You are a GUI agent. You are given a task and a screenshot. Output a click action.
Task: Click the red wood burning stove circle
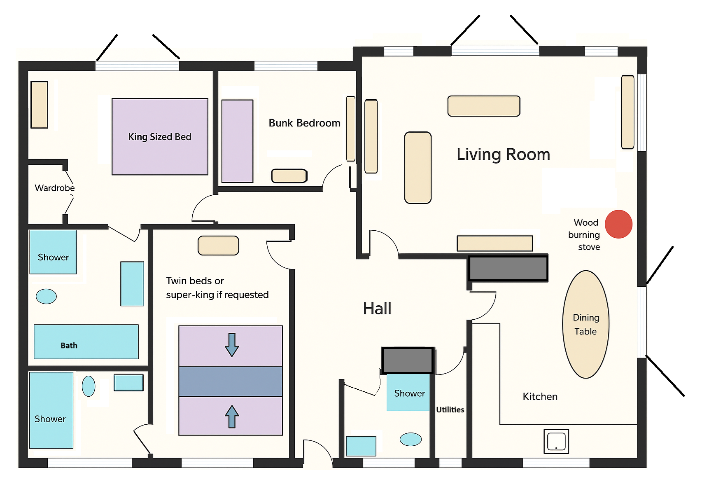pyautogui.click(x=618, y=224)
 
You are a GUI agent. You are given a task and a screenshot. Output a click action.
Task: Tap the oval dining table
pyautogui.click(x=585, y=325)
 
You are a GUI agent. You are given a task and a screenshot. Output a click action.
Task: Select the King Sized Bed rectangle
pyautogui.click(x=160, y=137)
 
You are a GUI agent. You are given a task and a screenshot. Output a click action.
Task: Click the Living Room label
pyautogui.click(x=503, y=154)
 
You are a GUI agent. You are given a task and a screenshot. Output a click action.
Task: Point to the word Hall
pyautogui.click(x=377, y=309)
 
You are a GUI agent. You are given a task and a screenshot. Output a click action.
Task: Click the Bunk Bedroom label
pyautogui.click(x=304, y=123)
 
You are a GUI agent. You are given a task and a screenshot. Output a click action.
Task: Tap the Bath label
pyautogui.click(x=69, y=346)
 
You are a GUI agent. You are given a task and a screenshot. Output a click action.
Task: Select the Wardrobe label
pyautogui.click(x=54, y=188)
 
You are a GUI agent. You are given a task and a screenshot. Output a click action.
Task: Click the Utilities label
pyautogui.click(x=450, y=409)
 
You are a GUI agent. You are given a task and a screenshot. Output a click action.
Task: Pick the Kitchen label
pyautogui.click(x=540, y=397)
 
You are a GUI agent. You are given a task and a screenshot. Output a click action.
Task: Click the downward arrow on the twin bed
pyautogui.click(x=232, y=345)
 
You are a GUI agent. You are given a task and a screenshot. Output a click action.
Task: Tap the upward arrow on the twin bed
pyautogui.click(x=232, y=416)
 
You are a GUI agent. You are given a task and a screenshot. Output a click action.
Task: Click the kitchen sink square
pyautogui.click(x=556, y=442)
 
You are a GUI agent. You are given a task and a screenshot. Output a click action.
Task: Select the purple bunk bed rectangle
pyautogui.click(x=237, y=141)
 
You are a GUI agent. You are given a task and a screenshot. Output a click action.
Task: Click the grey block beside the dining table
pyautogui.click(x=508, y=269)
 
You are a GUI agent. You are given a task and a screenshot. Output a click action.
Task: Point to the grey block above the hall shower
pyautogui.click(x=408, y=360)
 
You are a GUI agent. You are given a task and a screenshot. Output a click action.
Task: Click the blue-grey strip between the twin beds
pyautogui.click(x=231, y=381)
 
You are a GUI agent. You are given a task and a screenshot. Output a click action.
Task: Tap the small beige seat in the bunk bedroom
pyautogui.click(x=289, y=176)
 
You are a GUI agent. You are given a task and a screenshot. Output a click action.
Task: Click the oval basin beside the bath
pyautogui.click(x=46, y=296)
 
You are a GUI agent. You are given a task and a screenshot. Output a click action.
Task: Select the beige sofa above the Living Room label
pyautogui.click(x=484, y=106)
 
